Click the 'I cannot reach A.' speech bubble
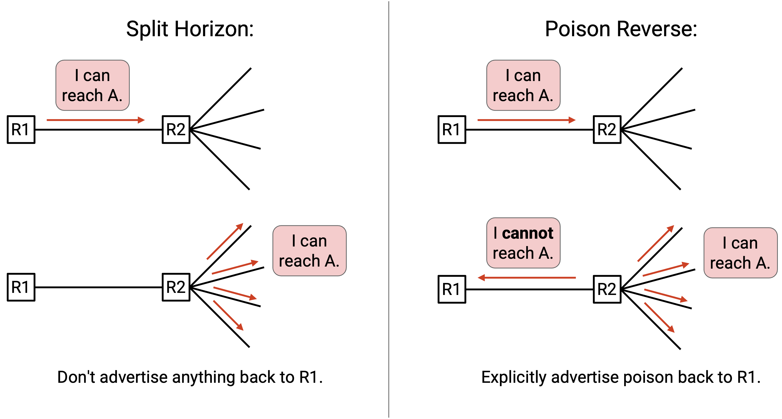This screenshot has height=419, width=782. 523,243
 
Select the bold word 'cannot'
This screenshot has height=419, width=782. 527,233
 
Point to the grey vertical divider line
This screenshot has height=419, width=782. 389,210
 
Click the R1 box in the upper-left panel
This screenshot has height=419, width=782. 21,129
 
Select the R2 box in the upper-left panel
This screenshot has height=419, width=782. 176,129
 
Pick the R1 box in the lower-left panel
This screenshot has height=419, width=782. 21,287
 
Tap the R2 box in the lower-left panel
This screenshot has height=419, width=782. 176,287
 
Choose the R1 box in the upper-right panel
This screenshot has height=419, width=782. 452,129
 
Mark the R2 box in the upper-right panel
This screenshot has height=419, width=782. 607,129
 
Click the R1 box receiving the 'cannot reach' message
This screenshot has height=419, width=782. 452,289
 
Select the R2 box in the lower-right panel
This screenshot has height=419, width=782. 607,289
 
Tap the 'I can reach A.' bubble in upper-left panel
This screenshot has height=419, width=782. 92,85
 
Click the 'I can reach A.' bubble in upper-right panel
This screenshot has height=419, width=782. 523,85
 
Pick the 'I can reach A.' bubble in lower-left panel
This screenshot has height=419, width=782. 309,251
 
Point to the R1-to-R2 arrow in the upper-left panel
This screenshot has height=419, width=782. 96,120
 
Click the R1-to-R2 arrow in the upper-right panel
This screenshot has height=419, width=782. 527,120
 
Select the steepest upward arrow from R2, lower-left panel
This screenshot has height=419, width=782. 225,241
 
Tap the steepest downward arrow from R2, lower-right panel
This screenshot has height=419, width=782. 659,318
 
